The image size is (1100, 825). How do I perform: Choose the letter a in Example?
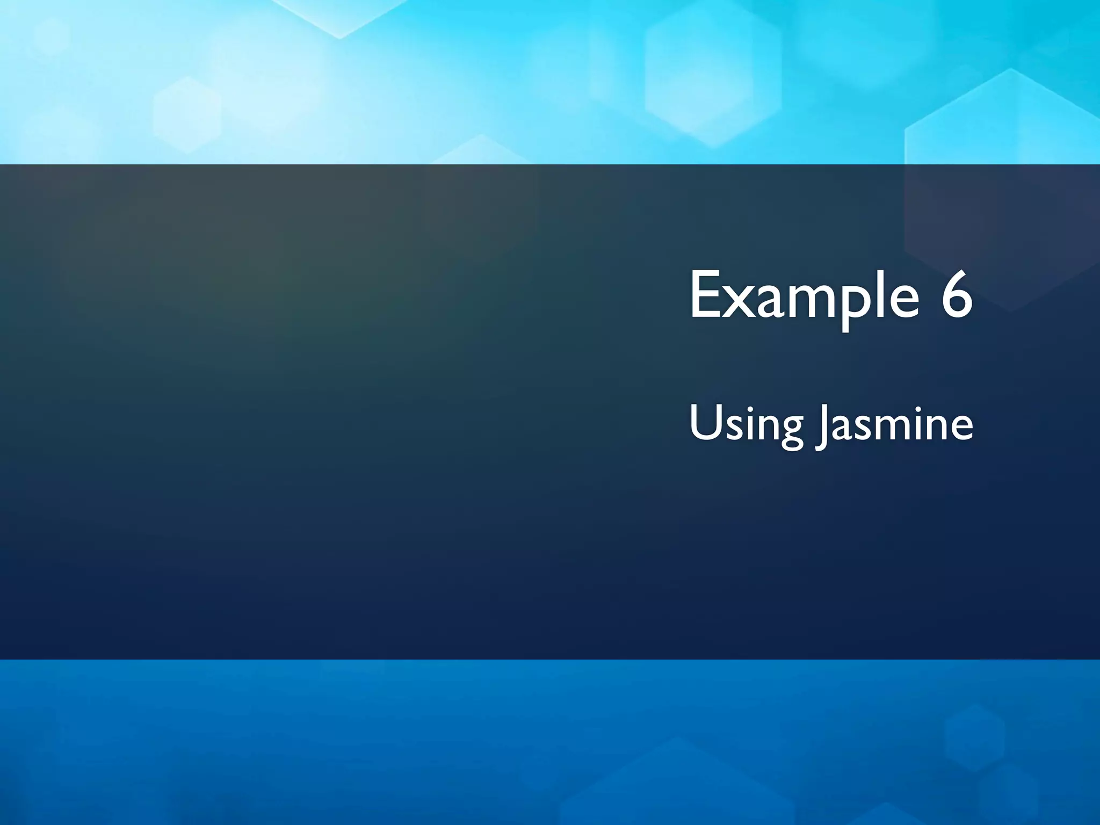tap(768, 301)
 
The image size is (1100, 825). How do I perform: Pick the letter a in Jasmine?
tap(842, 428)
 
